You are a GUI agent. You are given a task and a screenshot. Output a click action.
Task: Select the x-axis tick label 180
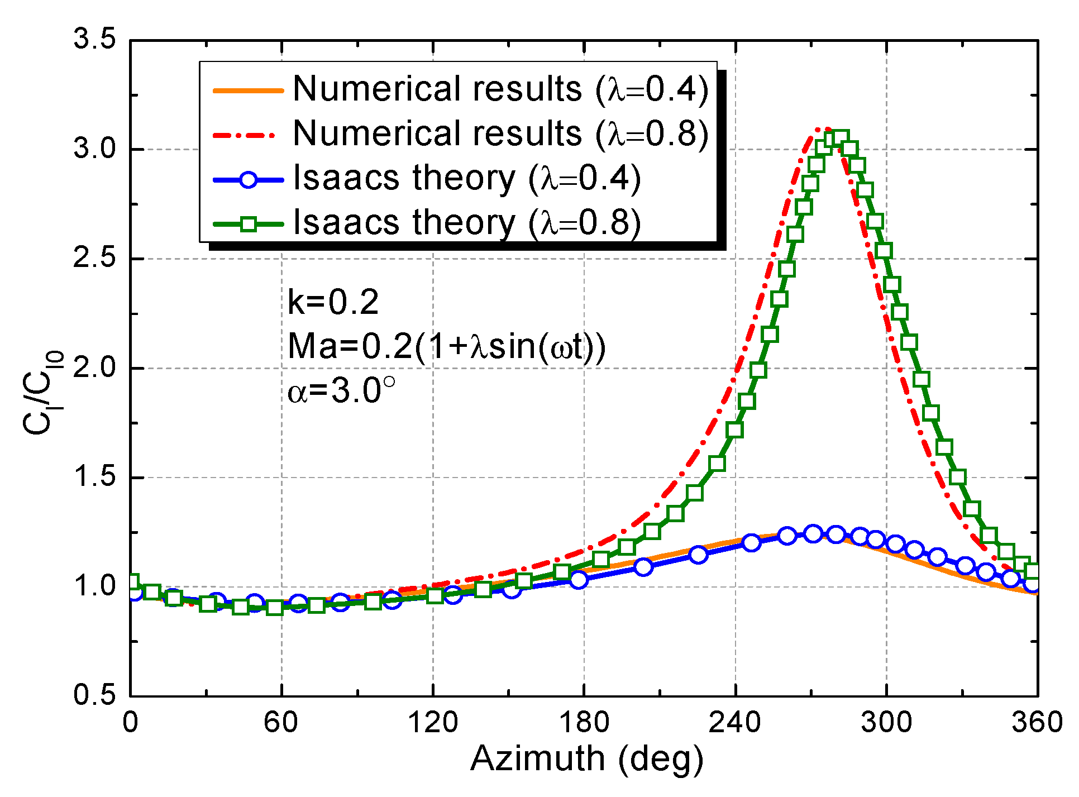[584, 723]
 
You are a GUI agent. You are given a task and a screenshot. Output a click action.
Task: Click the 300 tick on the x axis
[886, 723]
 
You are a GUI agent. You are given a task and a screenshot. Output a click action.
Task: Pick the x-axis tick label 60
[281, 723]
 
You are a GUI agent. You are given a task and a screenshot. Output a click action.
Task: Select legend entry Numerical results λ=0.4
[500, 89]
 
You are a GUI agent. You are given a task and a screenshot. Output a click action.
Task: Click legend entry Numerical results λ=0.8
[500, 134]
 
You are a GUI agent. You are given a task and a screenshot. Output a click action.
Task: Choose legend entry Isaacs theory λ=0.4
[466, 179]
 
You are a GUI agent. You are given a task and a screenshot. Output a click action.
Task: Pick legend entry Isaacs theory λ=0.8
[466, 223]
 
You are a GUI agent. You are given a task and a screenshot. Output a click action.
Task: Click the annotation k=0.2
[333, 302]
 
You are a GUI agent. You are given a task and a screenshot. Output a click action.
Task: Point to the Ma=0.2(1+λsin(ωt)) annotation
[446, 346]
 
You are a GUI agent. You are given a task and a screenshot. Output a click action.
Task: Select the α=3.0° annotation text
[341, 390]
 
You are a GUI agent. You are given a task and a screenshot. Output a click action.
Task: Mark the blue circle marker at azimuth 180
[579, 579]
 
